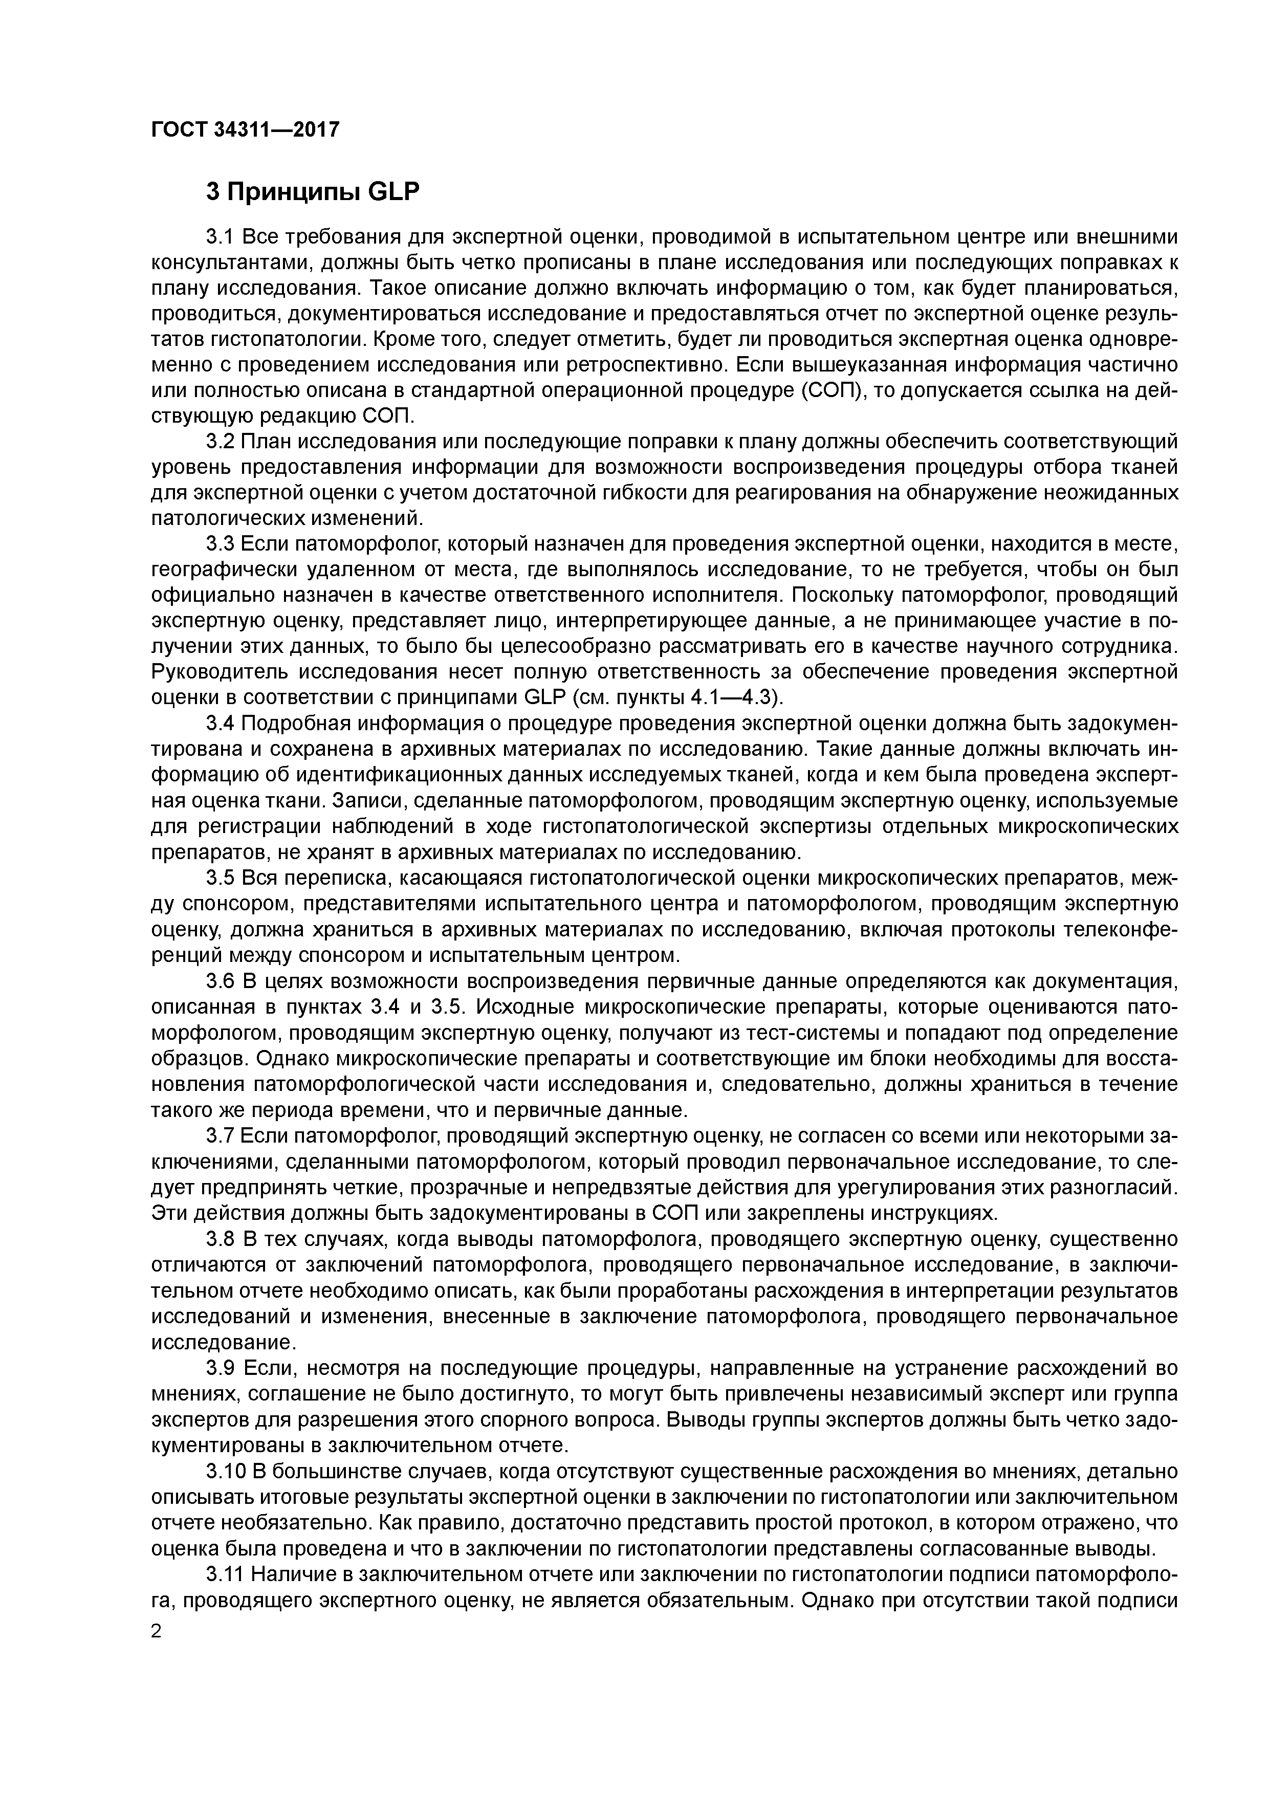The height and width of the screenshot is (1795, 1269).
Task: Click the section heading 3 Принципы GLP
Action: [313, 191]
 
